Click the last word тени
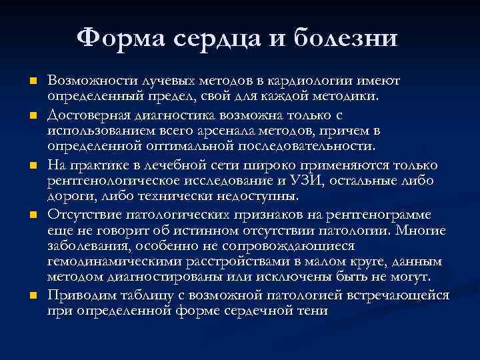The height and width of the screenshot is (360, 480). pos(313,310)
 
